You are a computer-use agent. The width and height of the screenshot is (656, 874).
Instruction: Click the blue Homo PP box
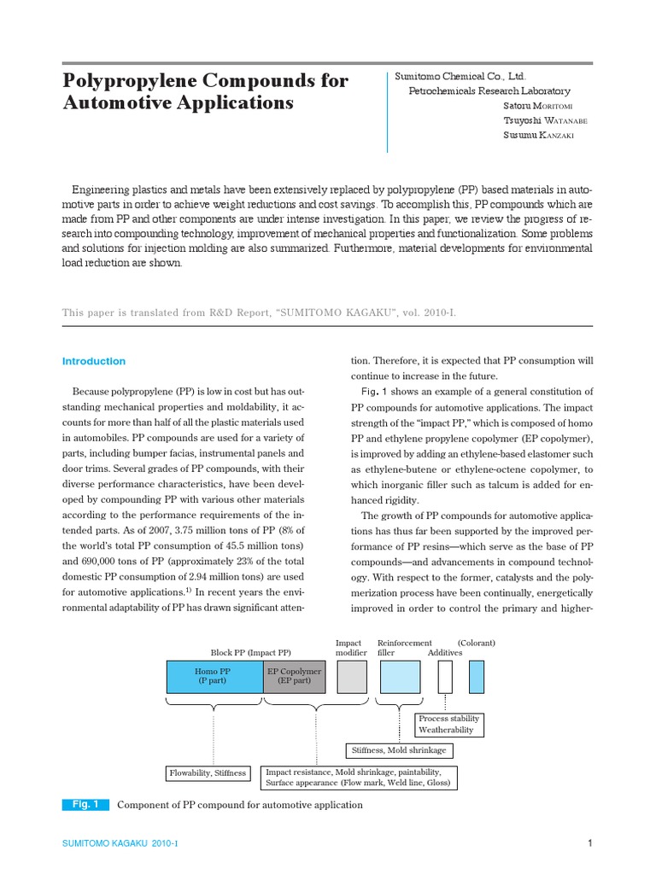(x=214, y=677)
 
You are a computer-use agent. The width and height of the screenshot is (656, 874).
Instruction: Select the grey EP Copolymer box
(x=295, y=677)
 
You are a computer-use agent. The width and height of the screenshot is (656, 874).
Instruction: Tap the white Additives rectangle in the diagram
(x=445, y=677)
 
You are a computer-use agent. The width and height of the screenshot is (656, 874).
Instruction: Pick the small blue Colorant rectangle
(x=476, y=677)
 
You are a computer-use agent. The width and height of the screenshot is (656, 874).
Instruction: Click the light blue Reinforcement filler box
(x=400, y=677)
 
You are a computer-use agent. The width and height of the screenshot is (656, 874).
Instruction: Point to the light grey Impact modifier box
(x=352, y=677)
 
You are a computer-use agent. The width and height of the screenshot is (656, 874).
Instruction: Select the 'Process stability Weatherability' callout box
(x=449, y=725)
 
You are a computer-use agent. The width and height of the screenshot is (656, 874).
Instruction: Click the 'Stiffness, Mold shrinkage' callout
(x=399, y=751)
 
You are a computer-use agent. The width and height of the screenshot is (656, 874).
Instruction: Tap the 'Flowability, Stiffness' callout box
(x=208, y=773)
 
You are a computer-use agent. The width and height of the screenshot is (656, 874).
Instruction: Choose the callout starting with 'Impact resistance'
(x=359, y=777)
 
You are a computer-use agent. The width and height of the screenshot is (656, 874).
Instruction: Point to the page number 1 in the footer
(x=589, y=843)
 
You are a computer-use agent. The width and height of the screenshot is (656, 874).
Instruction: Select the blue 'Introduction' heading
(x=94, y=361)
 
